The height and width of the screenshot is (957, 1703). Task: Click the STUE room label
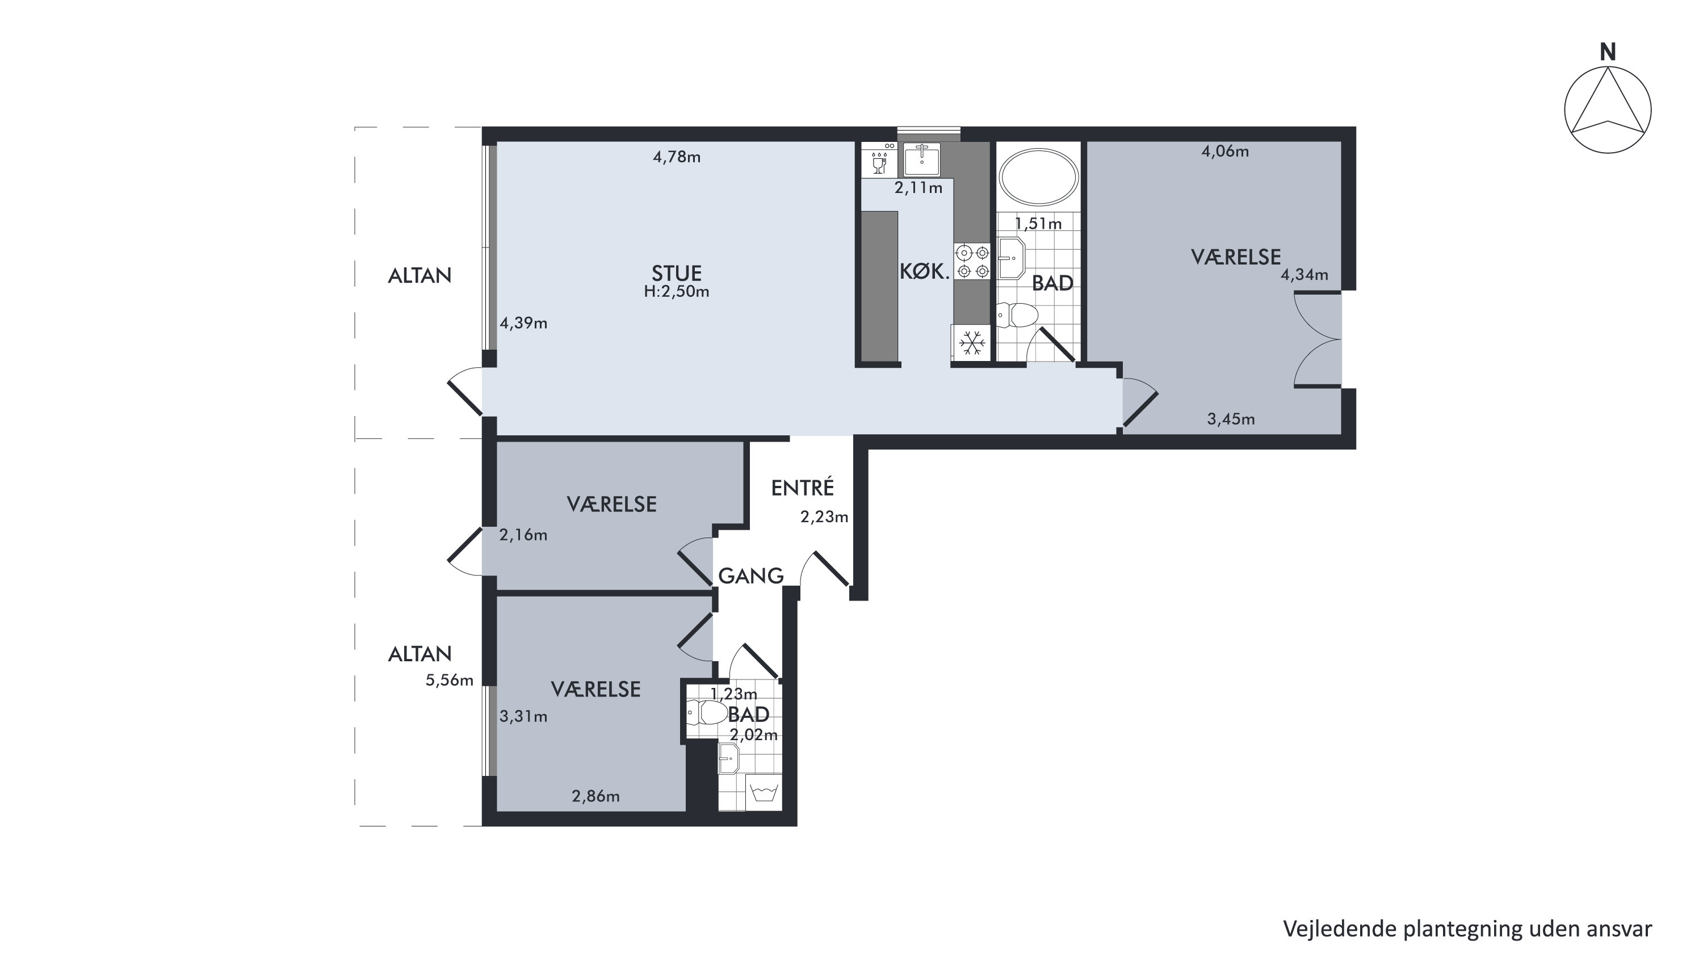coord(676,273)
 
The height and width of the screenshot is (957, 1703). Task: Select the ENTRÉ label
coord(803,487)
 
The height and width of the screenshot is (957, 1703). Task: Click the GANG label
coord(750,576)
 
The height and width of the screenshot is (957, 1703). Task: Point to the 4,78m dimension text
coord(676,157)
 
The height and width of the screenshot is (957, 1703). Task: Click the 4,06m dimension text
coord(1225,152)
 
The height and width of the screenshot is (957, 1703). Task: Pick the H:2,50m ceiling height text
coord(676,291)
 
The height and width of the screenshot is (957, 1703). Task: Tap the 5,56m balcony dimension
coord(450,680)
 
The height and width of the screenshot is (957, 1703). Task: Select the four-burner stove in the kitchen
coord(972,261)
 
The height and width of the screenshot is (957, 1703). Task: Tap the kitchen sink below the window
coord(921,158)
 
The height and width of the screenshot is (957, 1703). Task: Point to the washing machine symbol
coord(764,792)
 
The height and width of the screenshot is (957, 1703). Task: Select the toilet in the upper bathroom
coord(1017,315)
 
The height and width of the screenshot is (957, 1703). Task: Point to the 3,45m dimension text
coord(1231,419)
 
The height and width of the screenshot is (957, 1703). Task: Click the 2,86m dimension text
coord(595,796)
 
